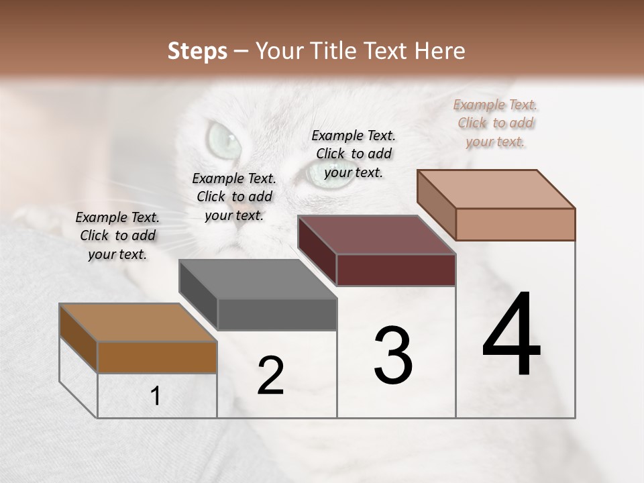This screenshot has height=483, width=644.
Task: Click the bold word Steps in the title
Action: click(197, 51)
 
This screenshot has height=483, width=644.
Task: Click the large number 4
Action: click(511, 335)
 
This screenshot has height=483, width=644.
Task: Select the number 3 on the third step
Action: click(393, 355)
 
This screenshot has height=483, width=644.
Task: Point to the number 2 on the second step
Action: click(270, 376)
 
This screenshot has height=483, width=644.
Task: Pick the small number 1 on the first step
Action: click(156, 396)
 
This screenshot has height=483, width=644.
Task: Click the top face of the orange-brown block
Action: click(138, 323)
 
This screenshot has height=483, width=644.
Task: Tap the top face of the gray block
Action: click(258, 279)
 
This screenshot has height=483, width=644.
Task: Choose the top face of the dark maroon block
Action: click(376, 235)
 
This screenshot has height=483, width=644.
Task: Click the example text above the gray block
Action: click(234, 197)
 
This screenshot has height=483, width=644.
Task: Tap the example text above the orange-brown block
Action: click(117, 235)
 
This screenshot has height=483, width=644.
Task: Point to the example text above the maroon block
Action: click(354, 154)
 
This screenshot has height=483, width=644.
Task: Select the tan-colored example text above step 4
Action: click(495, 123)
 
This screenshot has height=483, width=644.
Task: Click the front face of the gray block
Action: click(277, 315)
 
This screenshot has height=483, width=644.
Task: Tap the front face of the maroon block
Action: click(396, 270)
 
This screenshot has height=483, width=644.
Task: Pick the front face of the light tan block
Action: click(515, 224)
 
